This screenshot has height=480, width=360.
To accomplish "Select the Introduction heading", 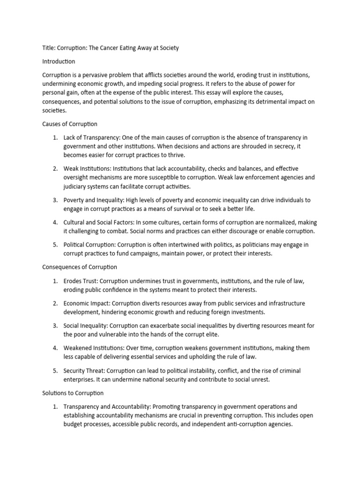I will pos(59,61).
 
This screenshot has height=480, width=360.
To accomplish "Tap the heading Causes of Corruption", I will pos(70,124).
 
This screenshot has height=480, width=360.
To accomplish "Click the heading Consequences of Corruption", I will pos(80,267).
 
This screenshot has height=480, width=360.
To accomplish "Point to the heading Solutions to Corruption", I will pos(73,393).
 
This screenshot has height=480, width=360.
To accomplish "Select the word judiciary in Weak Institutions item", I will pos(76,187).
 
